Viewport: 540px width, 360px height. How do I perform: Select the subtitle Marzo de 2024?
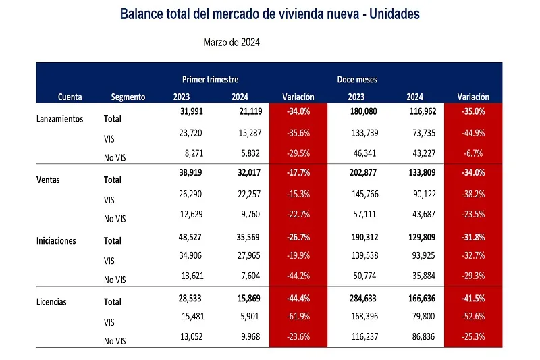(x=232, y=42)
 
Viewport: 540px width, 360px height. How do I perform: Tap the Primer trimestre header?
(x=210, y=80)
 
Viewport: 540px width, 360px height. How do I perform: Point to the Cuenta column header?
(x=70, y=97)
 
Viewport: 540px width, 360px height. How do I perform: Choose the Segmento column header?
(x=128, y=97)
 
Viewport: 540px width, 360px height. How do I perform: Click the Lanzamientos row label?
(x=59, y=118)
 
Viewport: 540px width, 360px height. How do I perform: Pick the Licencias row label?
(x=52, y=301)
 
